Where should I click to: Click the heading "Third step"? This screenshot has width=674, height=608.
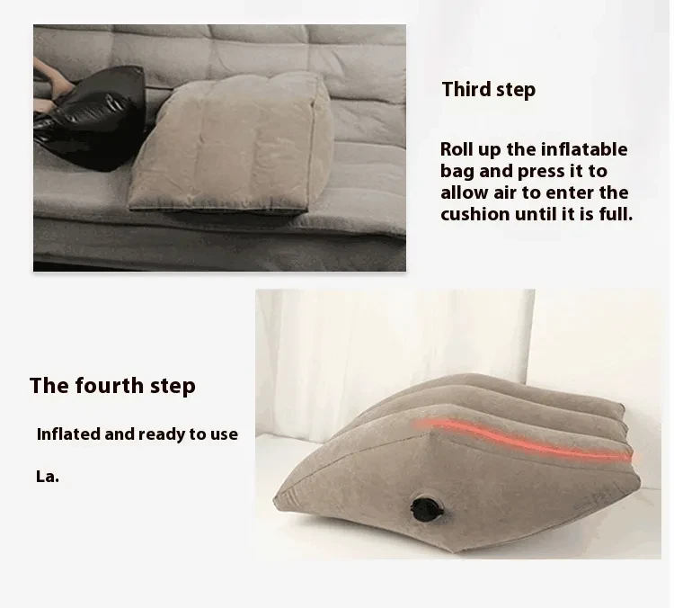pyautogui.click(x=488, y=89)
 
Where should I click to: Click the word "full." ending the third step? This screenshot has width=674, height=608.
pyautogui.click(x=613, y=214)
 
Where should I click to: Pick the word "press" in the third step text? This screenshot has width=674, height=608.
pyautogui.click(x=544, y=171)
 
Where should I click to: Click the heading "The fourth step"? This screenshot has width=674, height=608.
pyautogui.click(x=112, y=386)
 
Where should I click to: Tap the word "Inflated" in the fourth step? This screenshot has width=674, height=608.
pyautogui.click(x=68, y=434)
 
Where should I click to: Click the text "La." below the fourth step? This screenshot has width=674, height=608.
pyautogui.click(x=48, y=477)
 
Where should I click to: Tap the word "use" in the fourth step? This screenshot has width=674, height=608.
pyautogui.click(x=223, y=434)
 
